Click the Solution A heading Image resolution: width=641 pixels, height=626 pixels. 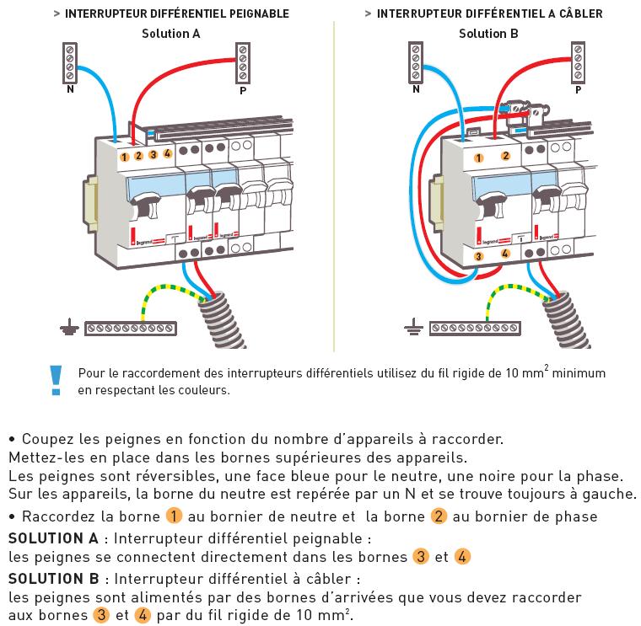171,34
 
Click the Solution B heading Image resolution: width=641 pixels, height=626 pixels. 488,34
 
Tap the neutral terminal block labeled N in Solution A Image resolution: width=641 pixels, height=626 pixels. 70,63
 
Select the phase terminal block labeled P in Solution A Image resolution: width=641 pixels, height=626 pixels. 243,63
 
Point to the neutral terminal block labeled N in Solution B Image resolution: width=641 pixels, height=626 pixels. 416,62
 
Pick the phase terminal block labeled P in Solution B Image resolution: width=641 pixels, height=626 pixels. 578,62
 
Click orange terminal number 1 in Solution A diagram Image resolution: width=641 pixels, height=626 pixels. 125,157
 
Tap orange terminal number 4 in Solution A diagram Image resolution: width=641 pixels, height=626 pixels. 168,153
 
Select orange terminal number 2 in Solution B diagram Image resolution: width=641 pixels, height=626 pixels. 506,155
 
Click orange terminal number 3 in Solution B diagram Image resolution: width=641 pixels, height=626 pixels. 478,256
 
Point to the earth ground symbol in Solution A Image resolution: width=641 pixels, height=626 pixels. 69,327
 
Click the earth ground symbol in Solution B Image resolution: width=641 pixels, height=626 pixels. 413,327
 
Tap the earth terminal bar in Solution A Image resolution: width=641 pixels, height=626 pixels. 131,329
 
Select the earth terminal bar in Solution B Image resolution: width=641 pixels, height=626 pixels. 475,329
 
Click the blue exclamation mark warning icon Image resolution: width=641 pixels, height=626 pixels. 56,380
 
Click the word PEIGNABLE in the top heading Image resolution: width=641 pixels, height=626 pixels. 259,13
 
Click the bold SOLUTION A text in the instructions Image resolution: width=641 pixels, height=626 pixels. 53,538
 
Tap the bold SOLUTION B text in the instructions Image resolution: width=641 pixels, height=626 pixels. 53,579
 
